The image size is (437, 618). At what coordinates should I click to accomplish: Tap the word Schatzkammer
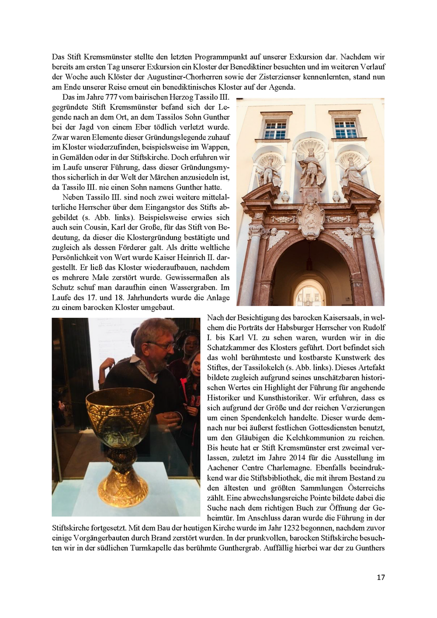click(230, 348)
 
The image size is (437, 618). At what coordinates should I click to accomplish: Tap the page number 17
click(381, 577)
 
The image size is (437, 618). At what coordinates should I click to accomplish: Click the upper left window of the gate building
click(275, 130)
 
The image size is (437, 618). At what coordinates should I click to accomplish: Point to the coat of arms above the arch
click(311, 220)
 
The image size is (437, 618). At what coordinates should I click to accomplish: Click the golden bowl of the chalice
click(120, 413)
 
